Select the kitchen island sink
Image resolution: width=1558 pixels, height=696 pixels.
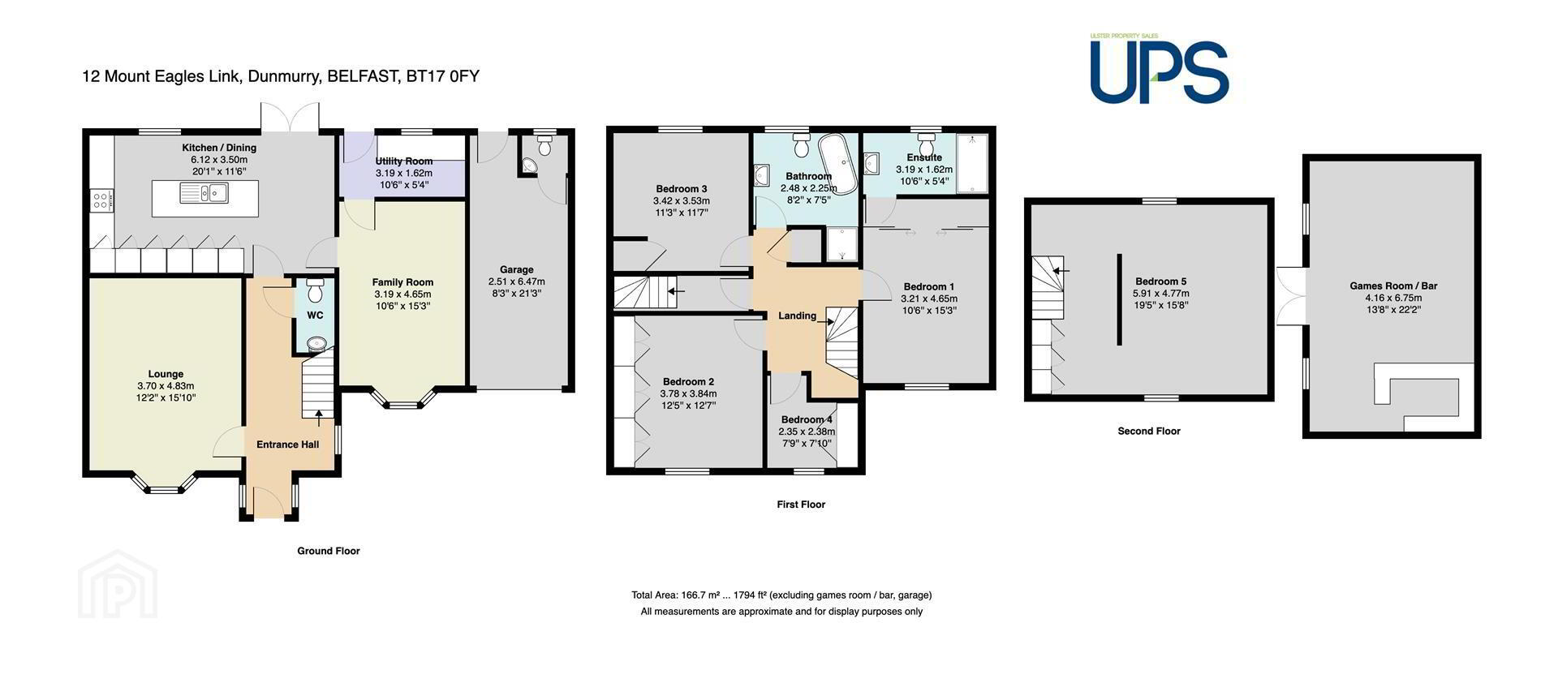click(206, 193)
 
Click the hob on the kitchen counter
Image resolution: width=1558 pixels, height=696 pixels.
click(102, 200)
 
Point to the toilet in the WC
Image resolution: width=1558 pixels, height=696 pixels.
click(316, 290)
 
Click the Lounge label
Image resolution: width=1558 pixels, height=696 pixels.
click(166, 374)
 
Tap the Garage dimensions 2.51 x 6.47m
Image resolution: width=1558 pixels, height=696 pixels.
click(517, 281)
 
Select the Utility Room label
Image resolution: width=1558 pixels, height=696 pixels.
click(404, 161)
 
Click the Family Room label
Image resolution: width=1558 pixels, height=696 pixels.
click(403, 282)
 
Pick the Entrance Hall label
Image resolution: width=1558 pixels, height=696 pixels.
click(288, 445)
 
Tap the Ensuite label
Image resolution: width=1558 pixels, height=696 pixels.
click(924, 157)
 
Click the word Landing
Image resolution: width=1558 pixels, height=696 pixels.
click(797, 316)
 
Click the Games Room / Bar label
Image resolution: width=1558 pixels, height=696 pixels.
click(1393, 286)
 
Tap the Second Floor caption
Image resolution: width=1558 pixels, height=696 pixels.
click(1149, 431)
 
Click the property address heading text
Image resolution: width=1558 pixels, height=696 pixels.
click(281, 77)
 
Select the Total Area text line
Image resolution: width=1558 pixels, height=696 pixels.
click(781, 595)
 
